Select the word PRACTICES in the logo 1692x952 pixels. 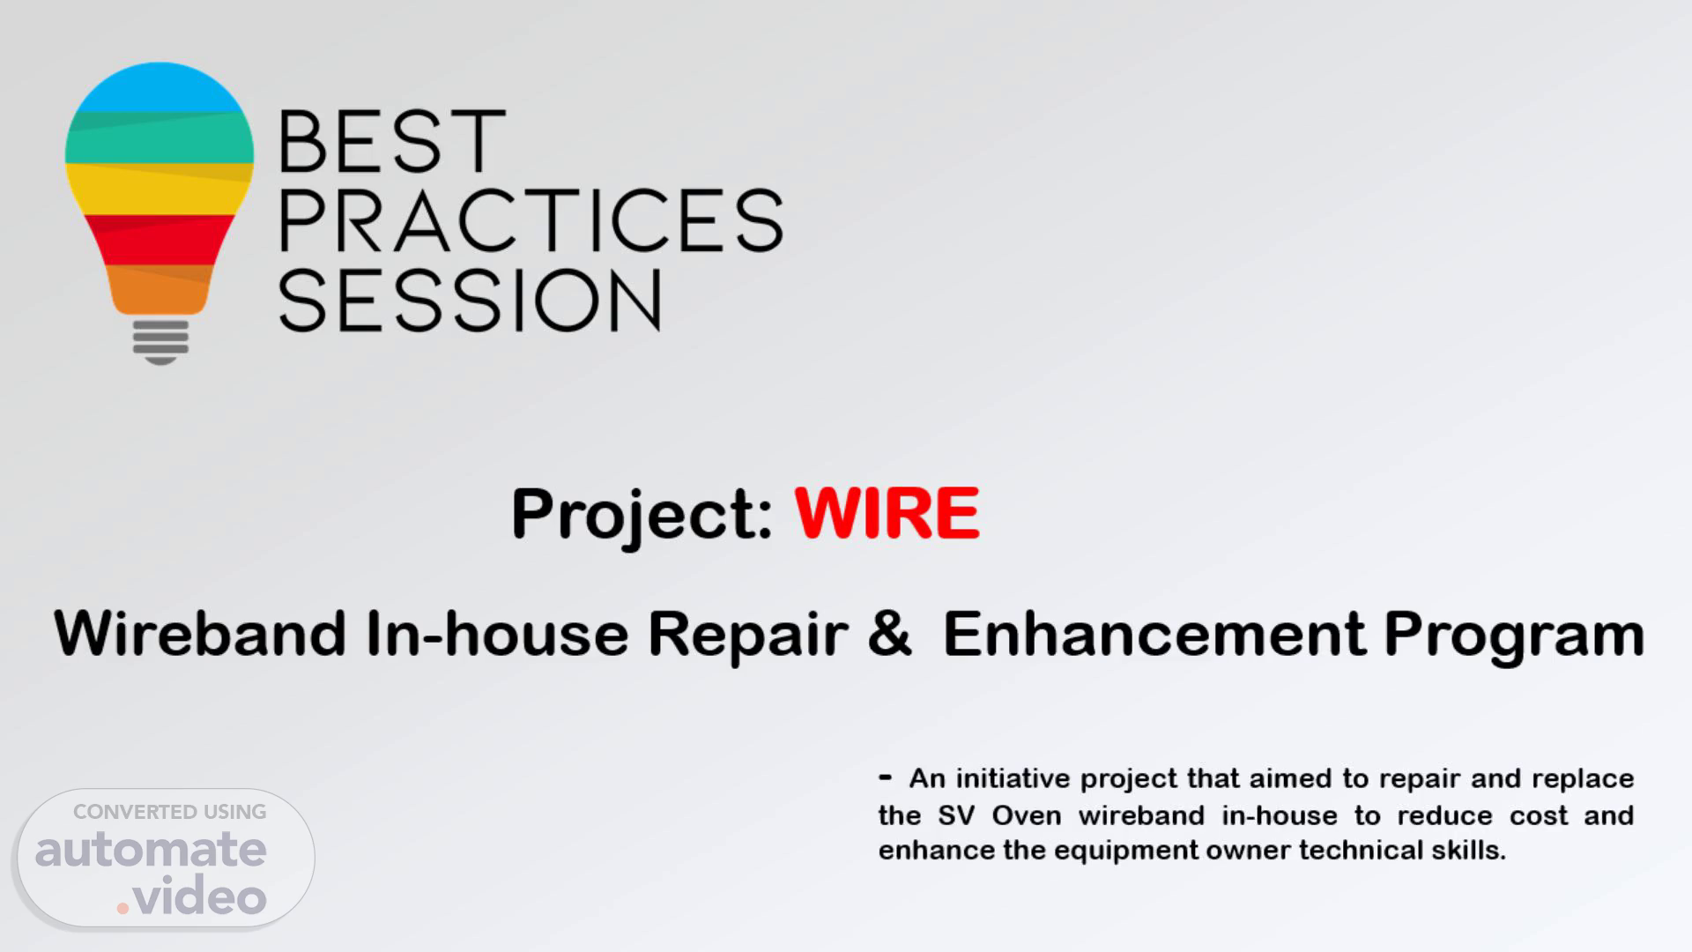[x=531, y=220]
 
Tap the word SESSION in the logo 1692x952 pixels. [x=470, y=301]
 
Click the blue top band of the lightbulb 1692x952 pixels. [x=160, y=88]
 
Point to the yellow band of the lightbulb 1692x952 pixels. [x=160, y=189]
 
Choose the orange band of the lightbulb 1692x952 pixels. [x=160, y=289]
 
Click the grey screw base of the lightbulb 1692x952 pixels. [x=160, y=342]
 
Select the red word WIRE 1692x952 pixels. [x=887, y=513]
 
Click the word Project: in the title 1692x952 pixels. [x=642, y=516]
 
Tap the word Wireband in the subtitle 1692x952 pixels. [x=200, y=633]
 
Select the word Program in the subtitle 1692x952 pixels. [x=1514, y=636]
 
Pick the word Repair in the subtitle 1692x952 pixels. [x=747, y=636]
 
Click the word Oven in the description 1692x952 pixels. [x=1027, y=815]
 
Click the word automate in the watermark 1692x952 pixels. [x=151, y=850]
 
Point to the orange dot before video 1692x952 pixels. [x=124, y=907]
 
